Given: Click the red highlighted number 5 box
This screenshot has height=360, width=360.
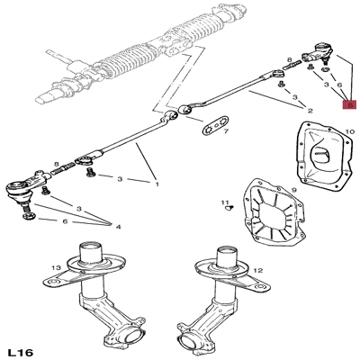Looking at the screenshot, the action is click(x=350, y=104).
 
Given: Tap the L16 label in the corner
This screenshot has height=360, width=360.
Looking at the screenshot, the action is click(x=21, y=352).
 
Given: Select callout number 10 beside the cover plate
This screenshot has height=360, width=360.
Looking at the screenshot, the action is click(x=349, y=132).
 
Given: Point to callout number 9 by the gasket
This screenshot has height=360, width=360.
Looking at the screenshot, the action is click(x=293, y=190).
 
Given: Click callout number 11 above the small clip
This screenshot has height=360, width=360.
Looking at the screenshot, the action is click(x=225, y=202).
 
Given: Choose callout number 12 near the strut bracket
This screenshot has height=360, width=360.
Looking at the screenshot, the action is click(x=258, y=271).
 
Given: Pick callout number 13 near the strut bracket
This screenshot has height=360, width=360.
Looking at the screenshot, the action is click(x=56, y=267).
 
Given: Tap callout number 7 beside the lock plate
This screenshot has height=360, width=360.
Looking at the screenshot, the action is click(x=225, y=131).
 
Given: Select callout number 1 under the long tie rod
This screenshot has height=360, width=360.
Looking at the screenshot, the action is click(x=157, y=184).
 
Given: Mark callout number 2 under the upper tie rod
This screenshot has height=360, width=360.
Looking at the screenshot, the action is click(x=310, y=111).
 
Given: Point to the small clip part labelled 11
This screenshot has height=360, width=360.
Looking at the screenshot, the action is click(x=231, y=208).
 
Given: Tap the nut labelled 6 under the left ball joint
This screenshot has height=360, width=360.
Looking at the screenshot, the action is click(x=29, y=216).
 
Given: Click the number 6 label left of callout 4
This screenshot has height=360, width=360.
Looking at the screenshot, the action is click(x=65, y=221).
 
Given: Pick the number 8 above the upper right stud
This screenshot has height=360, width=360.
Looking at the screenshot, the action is click(x=290, y=60).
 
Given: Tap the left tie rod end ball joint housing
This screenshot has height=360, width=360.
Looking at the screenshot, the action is click(x=19, y=190).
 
